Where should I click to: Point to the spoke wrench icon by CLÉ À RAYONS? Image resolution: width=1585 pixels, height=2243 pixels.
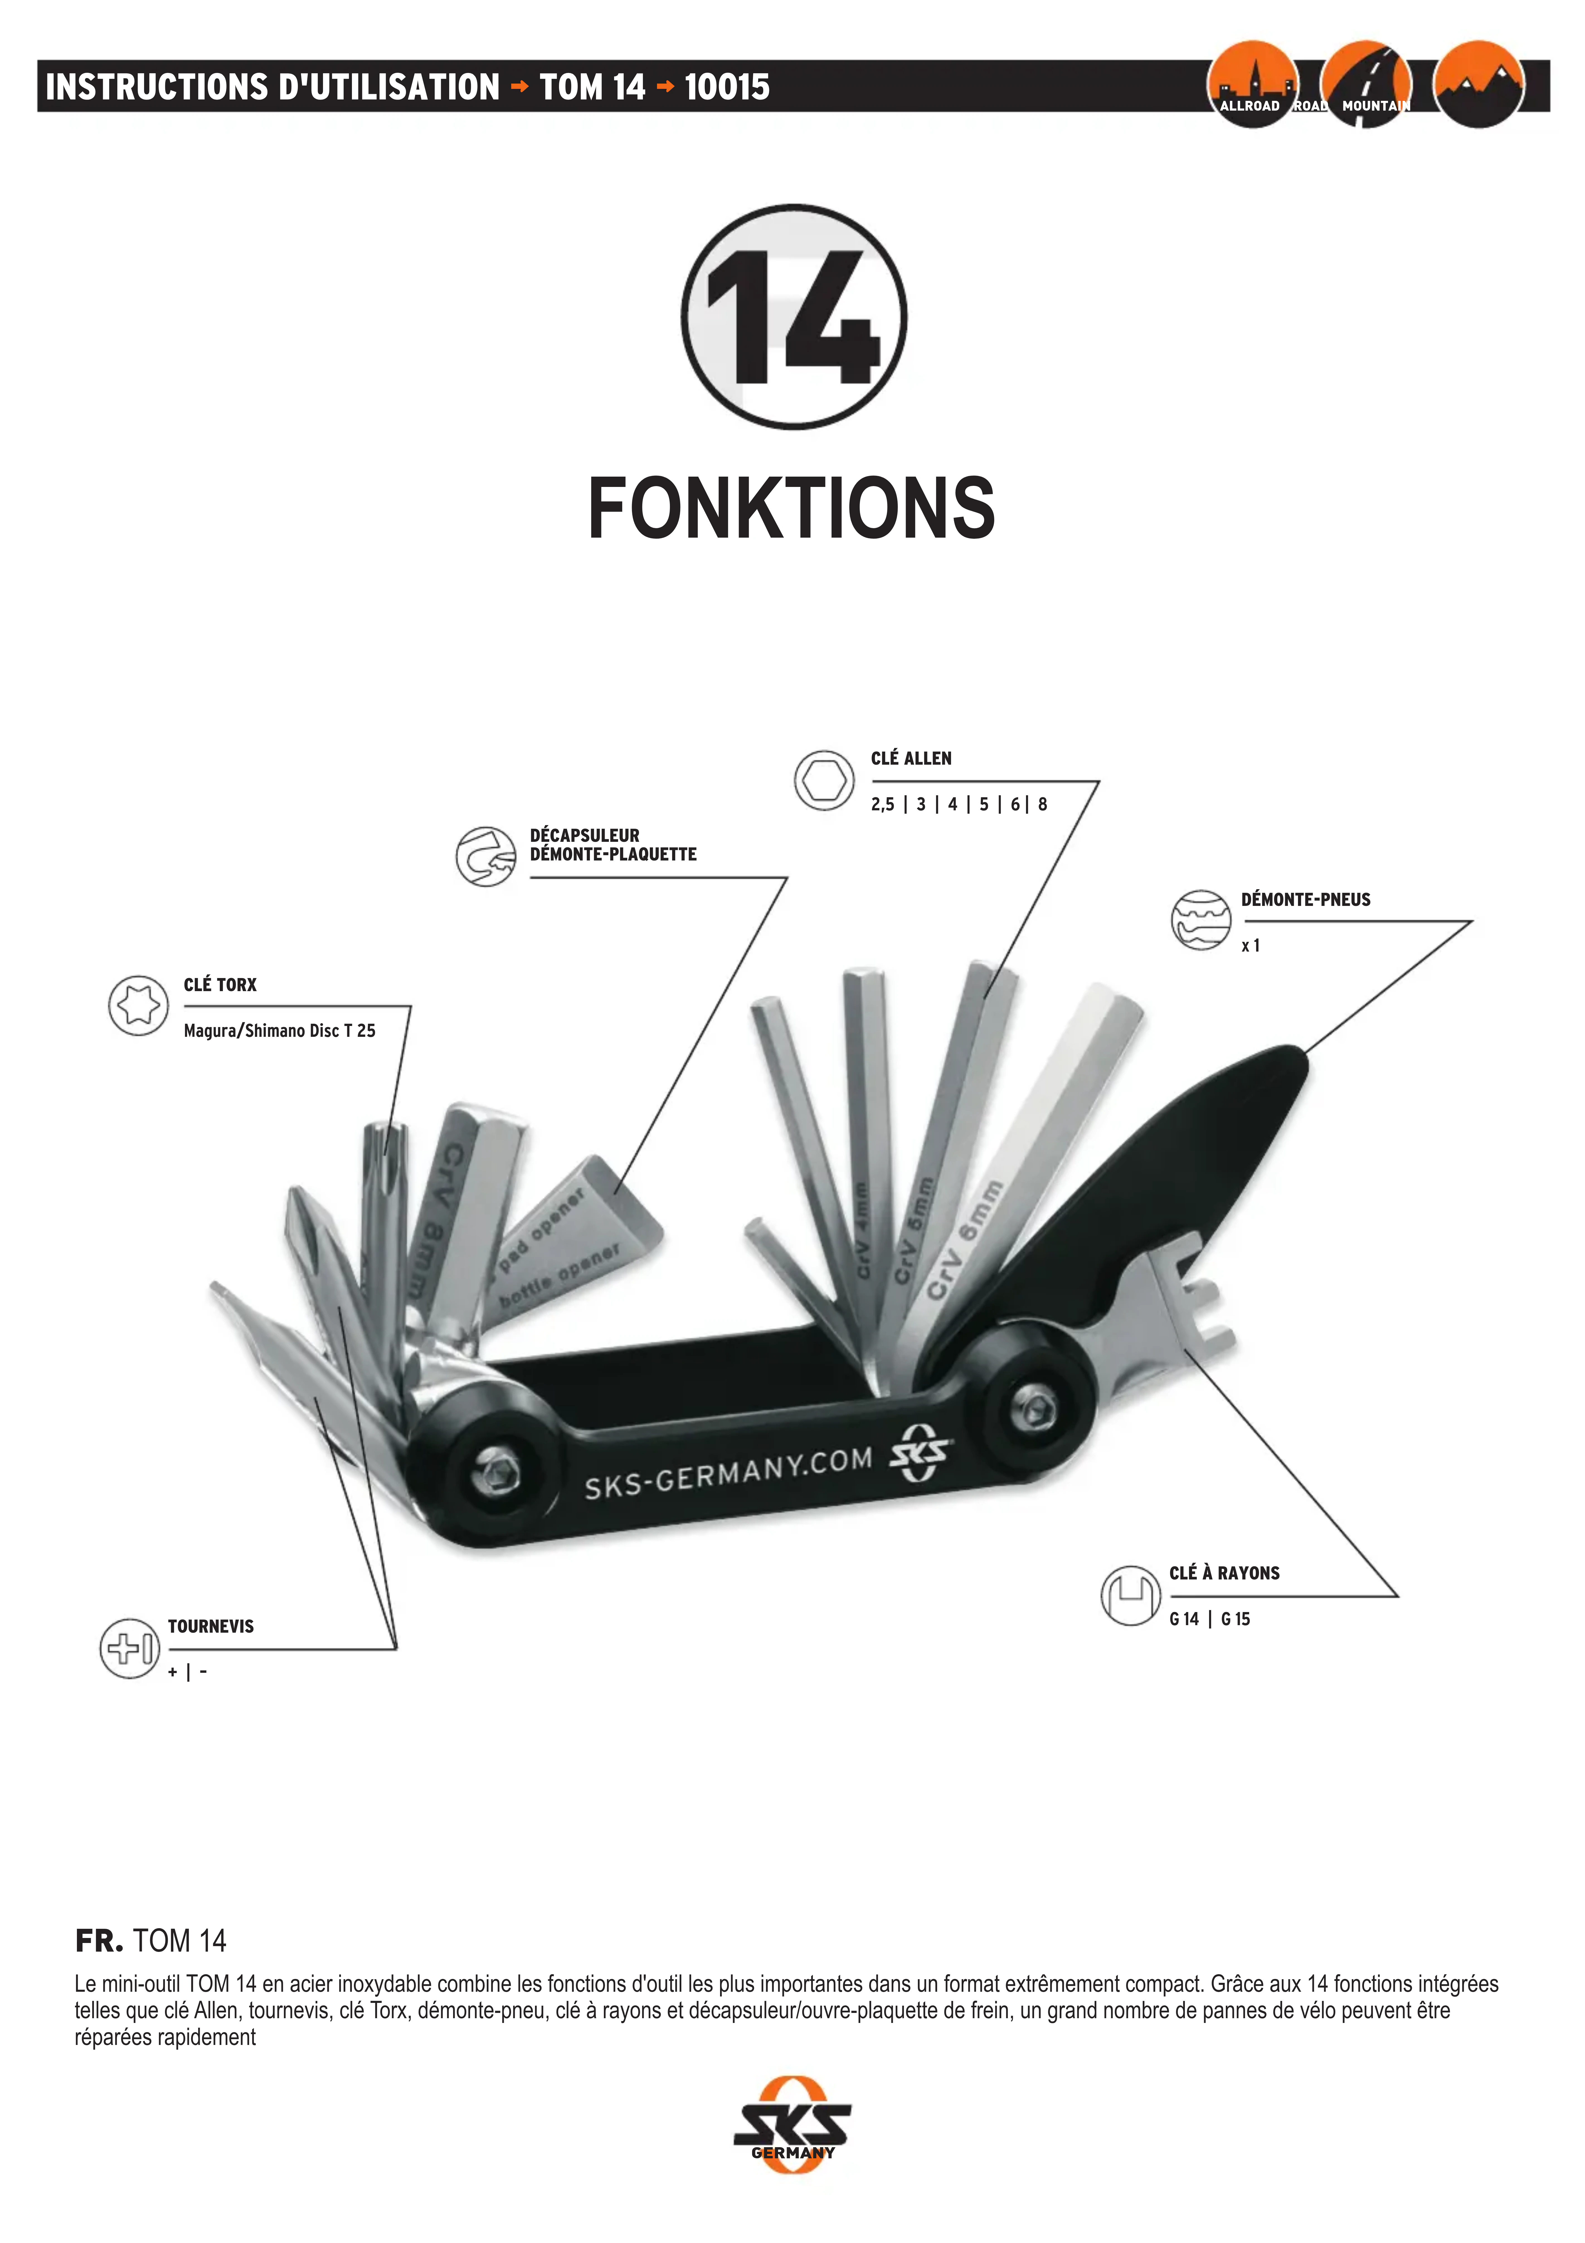tap(1131, 1595)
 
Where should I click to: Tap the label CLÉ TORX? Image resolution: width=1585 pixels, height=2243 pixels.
tap(220, 985)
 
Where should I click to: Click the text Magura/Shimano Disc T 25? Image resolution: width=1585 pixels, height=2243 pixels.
tap(279, 1031)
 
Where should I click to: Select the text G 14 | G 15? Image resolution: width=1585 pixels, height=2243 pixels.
tap(1209, 1619)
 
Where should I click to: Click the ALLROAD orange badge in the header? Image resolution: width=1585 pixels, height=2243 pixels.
tap(1252, 85)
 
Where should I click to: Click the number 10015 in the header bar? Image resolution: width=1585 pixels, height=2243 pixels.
tap(727, 87)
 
